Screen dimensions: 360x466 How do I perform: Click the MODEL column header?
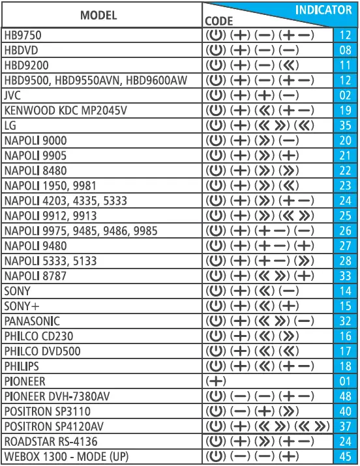point(98,15)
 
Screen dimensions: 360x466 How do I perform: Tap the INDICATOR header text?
point(323,10)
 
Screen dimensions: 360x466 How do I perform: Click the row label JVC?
point(13,95)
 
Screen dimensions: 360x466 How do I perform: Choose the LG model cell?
point(10,125)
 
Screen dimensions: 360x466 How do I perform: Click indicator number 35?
point(345,125)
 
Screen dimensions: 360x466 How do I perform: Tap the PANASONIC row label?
point(32,321)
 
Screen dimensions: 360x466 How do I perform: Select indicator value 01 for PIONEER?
point(345,381)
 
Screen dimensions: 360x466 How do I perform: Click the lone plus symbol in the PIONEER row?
point(216,381)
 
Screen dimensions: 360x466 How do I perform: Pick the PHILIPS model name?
point(22,366)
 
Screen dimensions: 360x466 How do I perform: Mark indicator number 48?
point(345,396)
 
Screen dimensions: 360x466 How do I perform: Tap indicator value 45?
point(345,456)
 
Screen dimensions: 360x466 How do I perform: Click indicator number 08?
point(345,50)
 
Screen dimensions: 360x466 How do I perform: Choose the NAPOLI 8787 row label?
point(35,276)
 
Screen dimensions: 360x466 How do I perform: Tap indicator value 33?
point(345,276)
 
